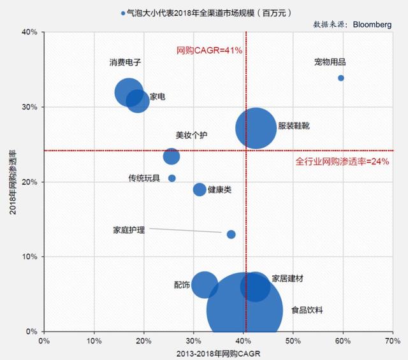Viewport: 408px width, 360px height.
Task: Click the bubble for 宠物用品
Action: click(341, 78)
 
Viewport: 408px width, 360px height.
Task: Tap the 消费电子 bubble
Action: click(129, 92)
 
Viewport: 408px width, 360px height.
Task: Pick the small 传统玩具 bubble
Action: click(172, 178)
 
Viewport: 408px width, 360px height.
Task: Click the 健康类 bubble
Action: click(200, 189)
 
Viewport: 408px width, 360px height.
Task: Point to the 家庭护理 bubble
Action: click(231, 234)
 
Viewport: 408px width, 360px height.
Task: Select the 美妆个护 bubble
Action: click(171, 156)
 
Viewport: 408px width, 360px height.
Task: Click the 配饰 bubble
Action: click(204, 284)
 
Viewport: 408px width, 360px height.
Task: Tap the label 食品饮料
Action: click(307, 310)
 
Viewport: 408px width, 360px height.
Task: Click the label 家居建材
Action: click(288, 278)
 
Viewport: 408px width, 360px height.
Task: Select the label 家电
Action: click(157, 97)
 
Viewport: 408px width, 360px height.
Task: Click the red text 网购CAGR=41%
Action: click(209, 50)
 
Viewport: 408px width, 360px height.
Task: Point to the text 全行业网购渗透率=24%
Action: click(342, 162)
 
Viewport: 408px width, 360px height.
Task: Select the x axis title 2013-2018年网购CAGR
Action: click(219, 353)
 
